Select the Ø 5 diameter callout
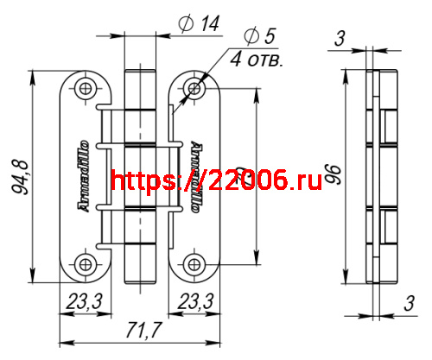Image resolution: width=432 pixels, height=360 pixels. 258,37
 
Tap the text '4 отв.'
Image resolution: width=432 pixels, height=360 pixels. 257,60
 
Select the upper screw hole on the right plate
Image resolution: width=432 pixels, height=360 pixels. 194,88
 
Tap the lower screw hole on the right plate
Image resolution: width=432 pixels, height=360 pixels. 194,264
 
